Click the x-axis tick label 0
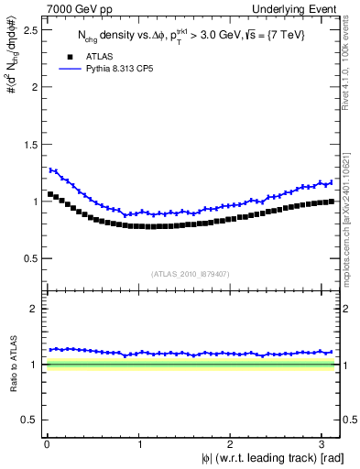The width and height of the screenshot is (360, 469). pos(46,443)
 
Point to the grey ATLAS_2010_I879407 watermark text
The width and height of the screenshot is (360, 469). pos(191,274)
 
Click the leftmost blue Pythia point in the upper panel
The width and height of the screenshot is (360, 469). pos(49,169)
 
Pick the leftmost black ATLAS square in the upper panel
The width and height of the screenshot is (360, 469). pos(49,194)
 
